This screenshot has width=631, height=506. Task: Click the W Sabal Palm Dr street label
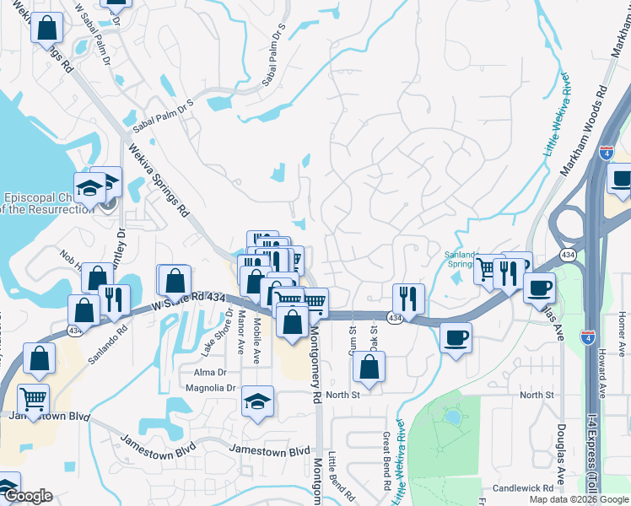(x=94, y=33)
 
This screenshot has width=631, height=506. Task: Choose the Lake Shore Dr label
(x=228, y=331)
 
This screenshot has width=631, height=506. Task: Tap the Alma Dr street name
(x=211, y=372)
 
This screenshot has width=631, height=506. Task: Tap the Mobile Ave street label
(x=256, y=333)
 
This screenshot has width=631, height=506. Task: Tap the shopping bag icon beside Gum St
(x=369, y=366)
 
